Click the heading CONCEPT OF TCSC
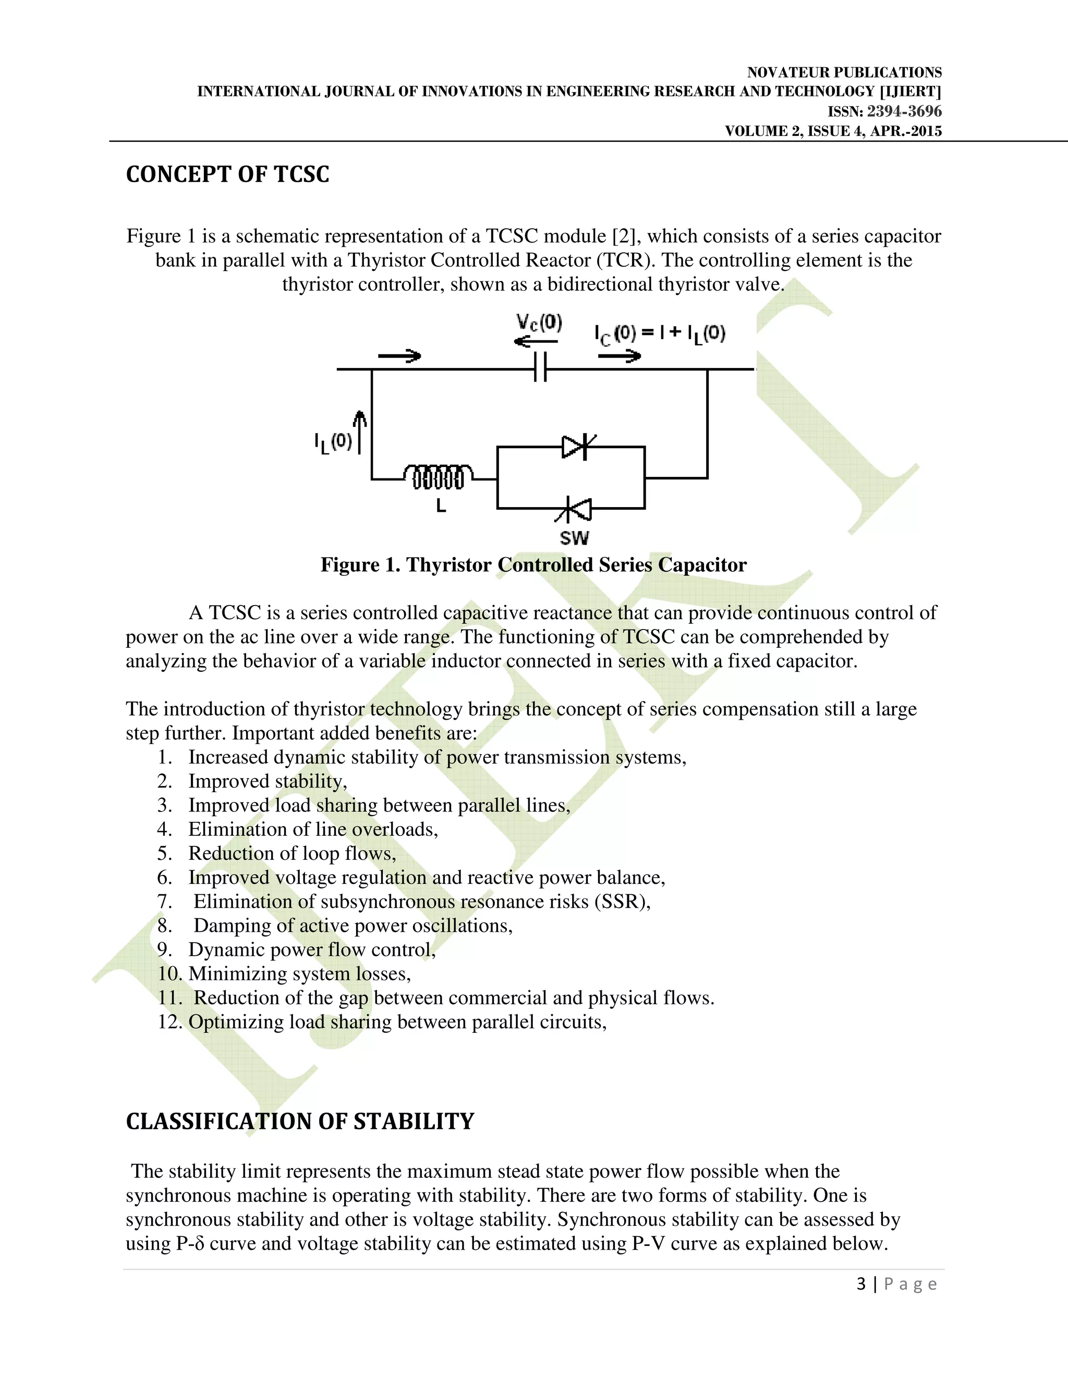228,175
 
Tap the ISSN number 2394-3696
904,112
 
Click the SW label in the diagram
574,538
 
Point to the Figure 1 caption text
533,565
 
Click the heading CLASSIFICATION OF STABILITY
300,1121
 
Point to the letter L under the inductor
441,506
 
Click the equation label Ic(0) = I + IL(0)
659,333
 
